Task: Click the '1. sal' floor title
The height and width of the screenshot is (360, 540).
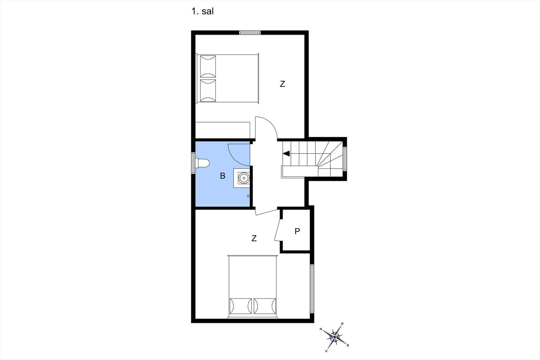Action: [x=202, y=11]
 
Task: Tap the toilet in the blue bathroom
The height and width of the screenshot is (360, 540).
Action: [x=202, y=163]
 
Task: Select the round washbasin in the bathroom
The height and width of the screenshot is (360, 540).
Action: [x=243, y=178]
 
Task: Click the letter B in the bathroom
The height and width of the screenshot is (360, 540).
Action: [x=222, y=176]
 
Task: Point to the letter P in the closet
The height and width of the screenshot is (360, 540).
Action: [x=297, y=231]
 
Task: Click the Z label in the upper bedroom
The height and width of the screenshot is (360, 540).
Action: [x=282, y=84]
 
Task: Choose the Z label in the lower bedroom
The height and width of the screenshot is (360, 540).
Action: [x=254, y=238]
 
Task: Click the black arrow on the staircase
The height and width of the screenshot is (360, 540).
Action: [x=286, y=154]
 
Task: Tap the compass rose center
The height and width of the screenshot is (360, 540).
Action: [x=334, y=337]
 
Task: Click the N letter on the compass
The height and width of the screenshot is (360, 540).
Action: [x=321, y=329]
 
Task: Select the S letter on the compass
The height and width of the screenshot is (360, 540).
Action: [x=348, y=345]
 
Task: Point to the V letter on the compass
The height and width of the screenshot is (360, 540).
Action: [x=326, y=351]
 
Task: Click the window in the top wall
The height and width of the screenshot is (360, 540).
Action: [x=250, y=32]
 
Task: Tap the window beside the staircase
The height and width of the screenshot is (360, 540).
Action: [x=345, y=159]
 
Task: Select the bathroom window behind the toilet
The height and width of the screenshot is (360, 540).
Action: [x=193, y=163]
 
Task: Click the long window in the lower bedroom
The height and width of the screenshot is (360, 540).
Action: [x=312, y=289]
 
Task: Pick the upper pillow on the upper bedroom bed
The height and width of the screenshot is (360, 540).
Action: [x=208, y=66]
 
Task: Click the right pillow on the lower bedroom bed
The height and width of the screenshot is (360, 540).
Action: [x=265, y=306]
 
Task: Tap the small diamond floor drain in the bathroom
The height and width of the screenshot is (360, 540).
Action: [x=248, y=196]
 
